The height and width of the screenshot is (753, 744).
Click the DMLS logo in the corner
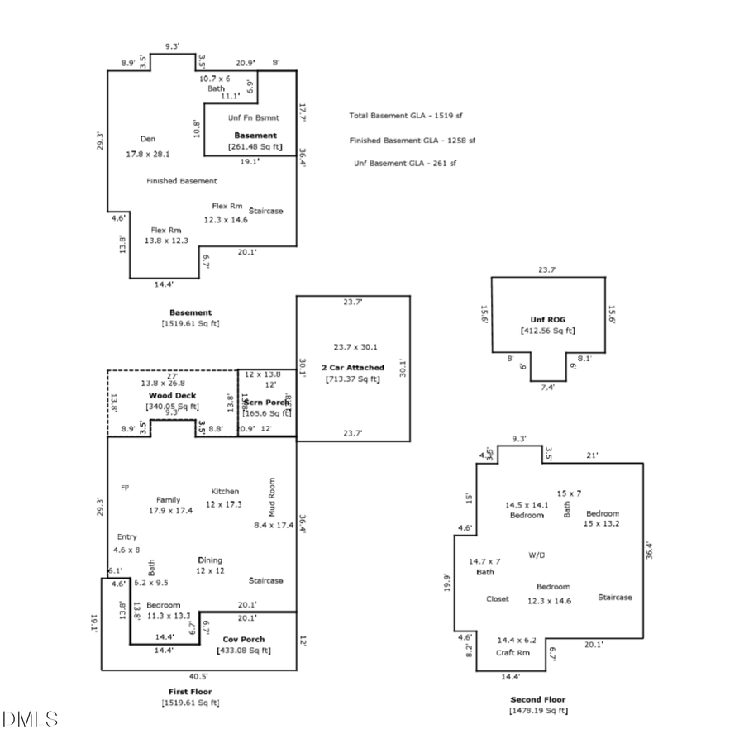click(x=31, y=718)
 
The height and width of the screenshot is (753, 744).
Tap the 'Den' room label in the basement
click(x=147, y=139)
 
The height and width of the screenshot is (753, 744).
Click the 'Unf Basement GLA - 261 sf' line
click(x=405, y=163)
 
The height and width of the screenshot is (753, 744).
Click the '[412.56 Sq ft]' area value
click(x=547, y=331)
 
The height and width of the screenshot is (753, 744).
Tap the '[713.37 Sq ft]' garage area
click(x=353, y=379)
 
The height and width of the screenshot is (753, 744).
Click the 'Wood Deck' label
click(x=172, y=396)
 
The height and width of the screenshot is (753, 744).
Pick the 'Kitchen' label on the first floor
click(x=225, y=491)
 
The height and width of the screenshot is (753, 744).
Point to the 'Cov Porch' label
click(x=243, y=639)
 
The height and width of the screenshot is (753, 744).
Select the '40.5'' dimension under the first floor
click(x=198, y=675)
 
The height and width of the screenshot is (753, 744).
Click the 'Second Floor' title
click(x=538, y=698)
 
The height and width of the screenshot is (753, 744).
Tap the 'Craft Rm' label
click(x=513, y=652)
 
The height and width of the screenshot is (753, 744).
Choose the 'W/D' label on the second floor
click(x=537, y=554)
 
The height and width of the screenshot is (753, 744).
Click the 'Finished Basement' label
click(x=182, y=180)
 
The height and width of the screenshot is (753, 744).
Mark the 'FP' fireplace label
click(x=126, y=487)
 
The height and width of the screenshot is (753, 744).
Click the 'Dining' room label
click(x=210, y=560)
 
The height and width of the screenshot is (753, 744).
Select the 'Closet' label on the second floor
click(x=498, y=599)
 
